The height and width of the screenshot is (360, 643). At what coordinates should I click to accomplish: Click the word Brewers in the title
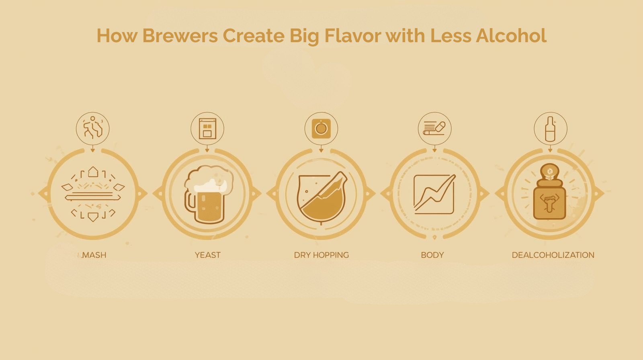pos(180,35)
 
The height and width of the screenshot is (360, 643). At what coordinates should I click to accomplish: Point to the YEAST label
pos(207,255)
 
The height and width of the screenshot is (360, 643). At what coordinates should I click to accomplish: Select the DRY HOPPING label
pos(321,255)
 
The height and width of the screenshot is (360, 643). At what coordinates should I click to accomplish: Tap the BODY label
pos(432,255)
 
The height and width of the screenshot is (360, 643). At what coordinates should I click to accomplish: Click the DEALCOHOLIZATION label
pos(553,255)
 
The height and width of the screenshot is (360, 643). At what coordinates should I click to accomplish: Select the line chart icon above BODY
pos(434,194)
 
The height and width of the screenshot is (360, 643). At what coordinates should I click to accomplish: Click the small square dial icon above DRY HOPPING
pos(321,129)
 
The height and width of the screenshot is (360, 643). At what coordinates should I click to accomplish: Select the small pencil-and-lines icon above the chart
pos(434,129)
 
